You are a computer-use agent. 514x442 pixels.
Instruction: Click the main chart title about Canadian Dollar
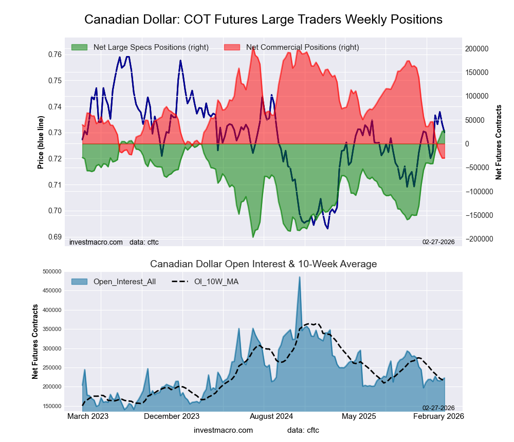(263, 20)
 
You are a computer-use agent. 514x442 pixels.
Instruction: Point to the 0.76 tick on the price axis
(55, 54)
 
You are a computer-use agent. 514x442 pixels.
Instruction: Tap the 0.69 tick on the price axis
(55, 237)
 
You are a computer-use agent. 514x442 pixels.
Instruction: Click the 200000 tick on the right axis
(478, 49)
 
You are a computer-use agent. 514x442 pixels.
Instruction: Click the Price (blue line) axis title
(41, 142)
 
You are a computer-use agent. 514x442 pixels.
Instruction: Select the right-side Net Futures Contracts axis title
(499, 142)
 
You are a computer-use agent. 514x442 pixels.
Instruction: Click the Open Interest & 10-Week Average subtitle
(263, 264)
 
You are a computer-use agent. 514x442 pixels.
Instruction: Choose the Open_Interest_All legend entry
(124, 282)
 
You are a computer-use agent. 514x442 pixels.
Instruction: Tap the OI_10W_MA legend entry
(216, 282)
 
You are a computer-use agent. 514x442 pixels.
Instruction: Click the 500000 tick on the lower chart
(52, 272)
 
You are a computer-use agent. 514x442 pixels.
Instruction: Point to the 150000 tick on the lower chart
(52, 406)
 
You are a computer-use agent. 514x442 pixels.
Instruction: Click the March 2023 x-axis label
(88, 416)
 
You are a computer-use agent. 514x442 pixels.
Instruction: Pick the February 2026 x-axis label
(438, 416)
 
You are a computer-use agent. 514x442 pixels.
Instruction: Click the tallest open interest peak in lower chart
(299, 278)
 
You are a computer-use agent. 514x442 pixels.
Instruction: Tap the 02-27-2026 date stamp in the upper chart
(438, 242)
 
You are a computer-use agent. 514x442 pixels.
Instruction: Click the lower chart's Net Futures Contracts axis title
(35, 342)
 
